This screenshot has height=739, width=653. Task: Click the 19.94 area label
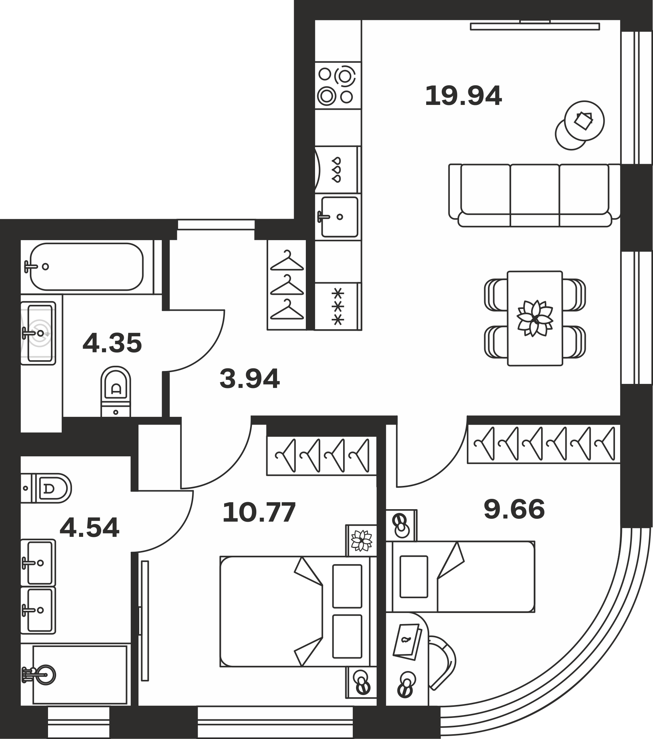click(463, 96)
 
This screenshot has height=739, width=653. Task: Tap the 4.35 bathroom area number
click(112, 343)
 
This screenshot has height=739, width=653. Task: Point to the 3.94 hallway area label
click(250, 379)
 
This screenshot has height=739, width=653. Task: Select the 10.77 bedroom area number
click(259, 512)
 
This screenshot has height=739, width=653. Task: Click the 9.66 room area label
click(514, 509)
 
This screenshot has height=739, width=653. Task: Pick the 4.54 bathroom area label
click(89, 528)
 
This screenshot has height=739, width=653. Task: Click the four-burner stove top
click(338, 85)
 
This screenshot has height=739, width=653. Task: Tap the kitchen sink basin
click(339, 217)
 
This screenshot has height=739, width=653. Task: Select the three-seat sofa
click(534, 195)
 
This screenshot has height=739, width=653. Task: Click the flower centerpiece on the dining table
click(535, 319)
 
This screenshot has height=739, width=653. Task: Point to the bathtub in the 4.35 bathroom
click(86, 267)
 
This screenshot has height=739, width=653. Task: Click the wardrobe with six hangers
click(544, 445)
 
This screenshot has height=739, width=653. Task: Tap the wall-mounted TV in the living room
click(535, 26)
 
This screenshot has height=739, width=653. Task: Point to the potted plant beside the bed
click(362, 540)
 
